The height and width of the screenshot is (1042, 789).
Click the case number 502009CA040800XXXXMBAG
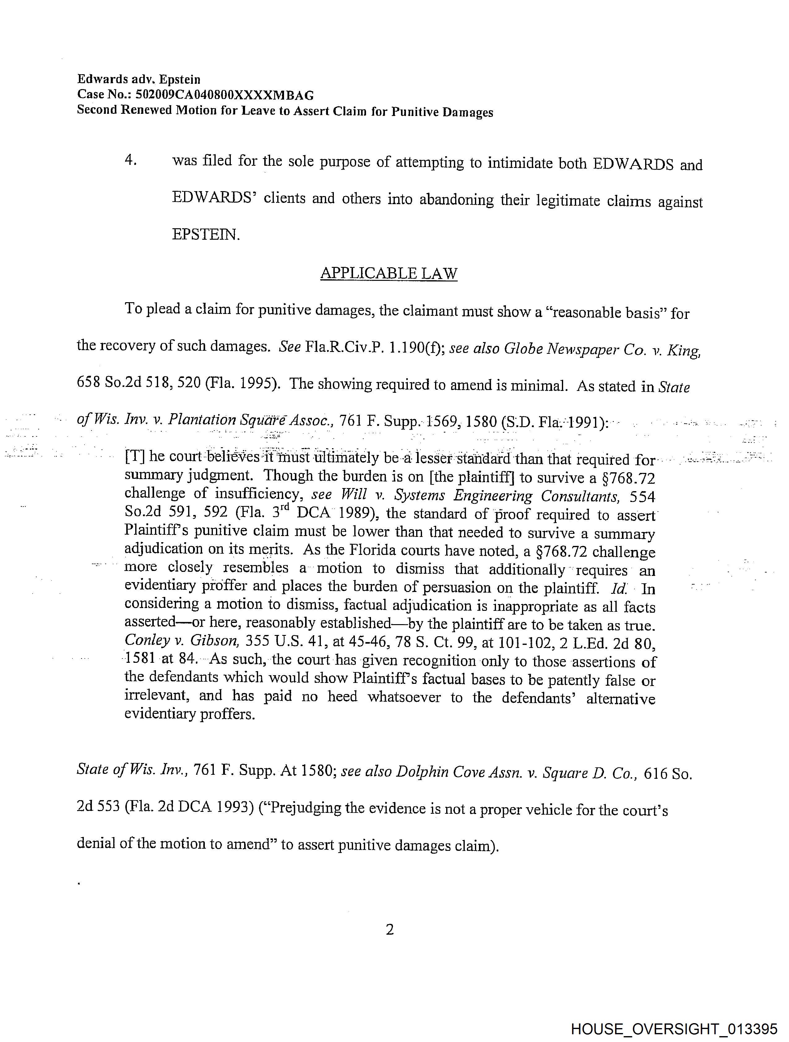click(224, 95)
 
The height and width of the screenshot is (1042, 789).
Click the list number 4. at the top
click(131, 160)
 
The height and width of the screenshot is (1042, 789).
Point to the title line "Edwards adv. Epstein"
click(139, 79)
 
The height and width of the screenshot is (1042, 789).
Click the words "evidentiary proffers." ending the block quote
click(189, 714)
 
